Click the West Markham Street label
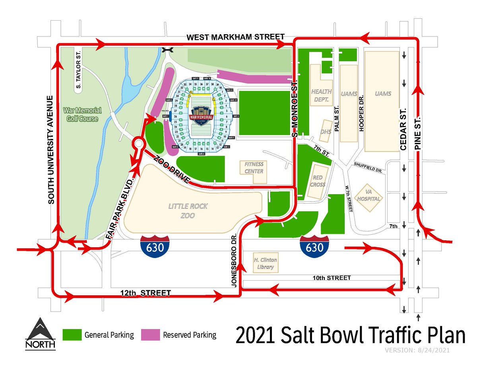(236, 37)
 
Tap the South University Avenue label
(50, 150)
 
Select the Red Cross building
(319, 181)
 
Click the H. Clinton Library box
(265, 263)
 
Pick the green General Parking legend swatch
(72, 335)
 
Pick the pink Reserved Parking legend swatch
(150, 335)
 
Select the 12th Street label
(145, 293)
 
